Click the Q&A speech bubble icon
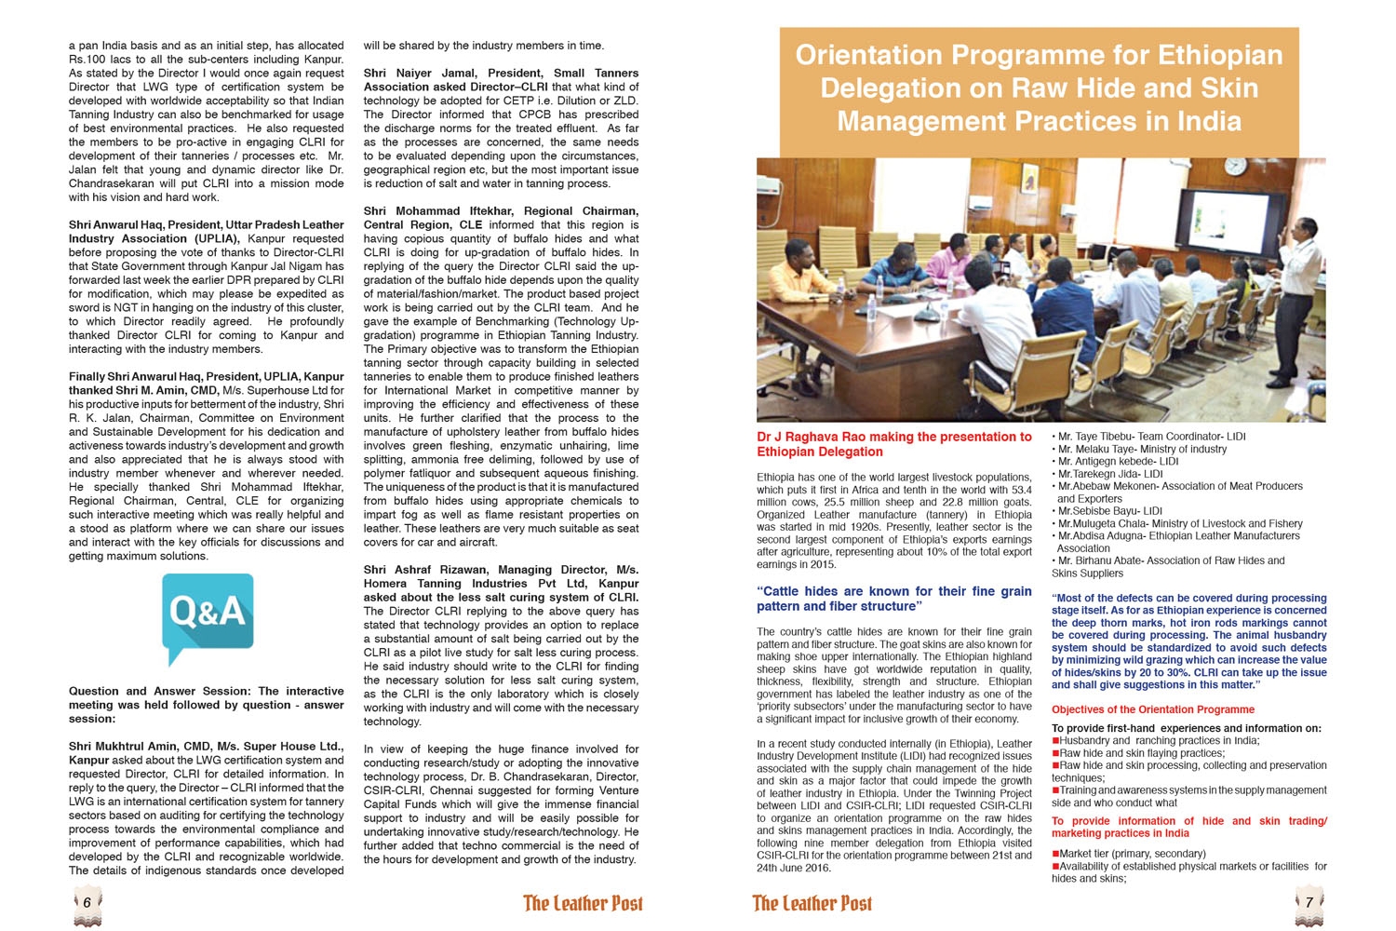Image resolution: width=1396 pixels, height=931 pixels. (208, 614)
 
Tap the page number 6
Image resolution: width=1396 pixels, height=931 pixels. (87, 902)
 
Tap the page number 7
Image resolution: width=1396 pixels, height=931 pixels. (1309, 902)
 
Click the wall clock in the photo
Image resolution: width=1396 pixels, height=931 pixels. (1236, 166)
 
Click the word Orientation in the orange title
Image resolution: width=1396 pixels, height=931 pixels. (871, 55)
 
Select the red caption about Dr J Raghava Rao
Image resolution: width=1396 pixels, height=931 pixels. (893, 444)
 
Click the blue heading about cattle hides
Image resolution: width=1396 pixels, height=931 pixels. (893, 599)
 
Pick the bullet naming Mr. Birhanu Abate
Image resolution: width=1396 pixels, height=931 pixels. (1168, 567)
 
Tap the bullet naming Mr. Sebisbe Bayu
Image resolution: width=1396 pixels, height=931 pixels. (1107, 511)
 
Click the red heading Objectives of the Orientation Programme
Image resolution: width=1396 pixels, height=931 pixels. (1152, 709)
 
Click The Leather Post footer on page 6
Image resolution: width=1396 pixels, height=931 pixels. (583, 903)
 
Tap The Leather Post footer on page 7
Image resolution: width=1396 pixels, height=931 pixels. (812, 903)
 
